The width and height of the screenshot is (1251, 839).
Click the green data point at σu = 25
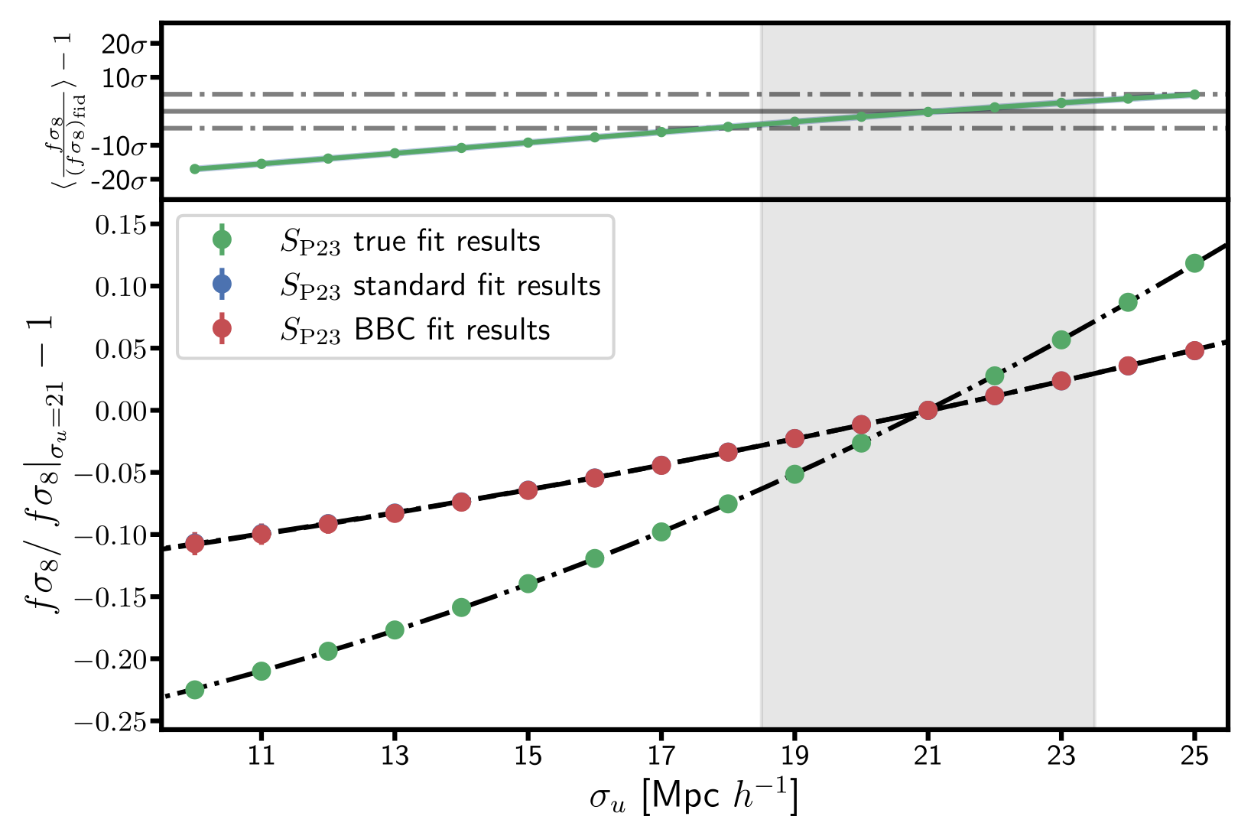(x=1194, y=263)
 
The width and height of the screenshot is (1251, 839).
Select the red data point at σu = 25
(x=1194, y=350)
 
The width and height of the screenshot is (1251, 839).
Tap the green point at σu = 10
(x=195, y=690)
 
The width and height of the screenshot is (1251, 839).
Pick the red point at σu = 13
(x=395, y=513)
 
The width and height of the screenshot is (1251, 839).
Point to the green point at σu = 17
(x=661, y=532)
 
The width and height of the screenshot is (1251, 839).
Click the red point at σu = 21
(x=928, y=411)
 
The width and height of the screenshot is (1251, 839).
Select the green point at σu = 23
(x=1061, y=340)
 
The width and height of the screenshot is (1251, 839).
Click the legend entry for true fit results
(x=410, y=241)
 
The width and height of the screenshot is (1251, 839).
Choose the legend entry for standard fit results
(x=440, y=285)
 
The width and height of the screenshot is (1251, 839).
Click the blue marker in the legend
(x=222, y=285)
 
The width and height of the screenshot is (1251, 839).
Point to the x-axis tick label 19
(x=794, y=756)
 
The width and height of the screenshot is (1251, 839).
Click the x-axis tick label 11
(x=262, y=756)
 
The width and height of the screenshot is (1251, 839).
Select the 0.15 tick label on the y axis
(x=122, y=225)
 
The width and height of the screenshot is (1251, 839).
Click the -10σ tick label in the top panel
(x=119, y=146)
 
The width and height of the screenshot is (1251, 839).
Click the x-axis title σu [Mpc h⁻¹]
(x=693, y=798)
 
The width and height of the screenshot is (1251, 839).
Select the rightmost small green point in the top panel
(x=1194, y=94)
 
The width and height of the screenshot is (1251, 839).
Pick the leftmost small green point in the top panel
(x=195, y=169)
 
